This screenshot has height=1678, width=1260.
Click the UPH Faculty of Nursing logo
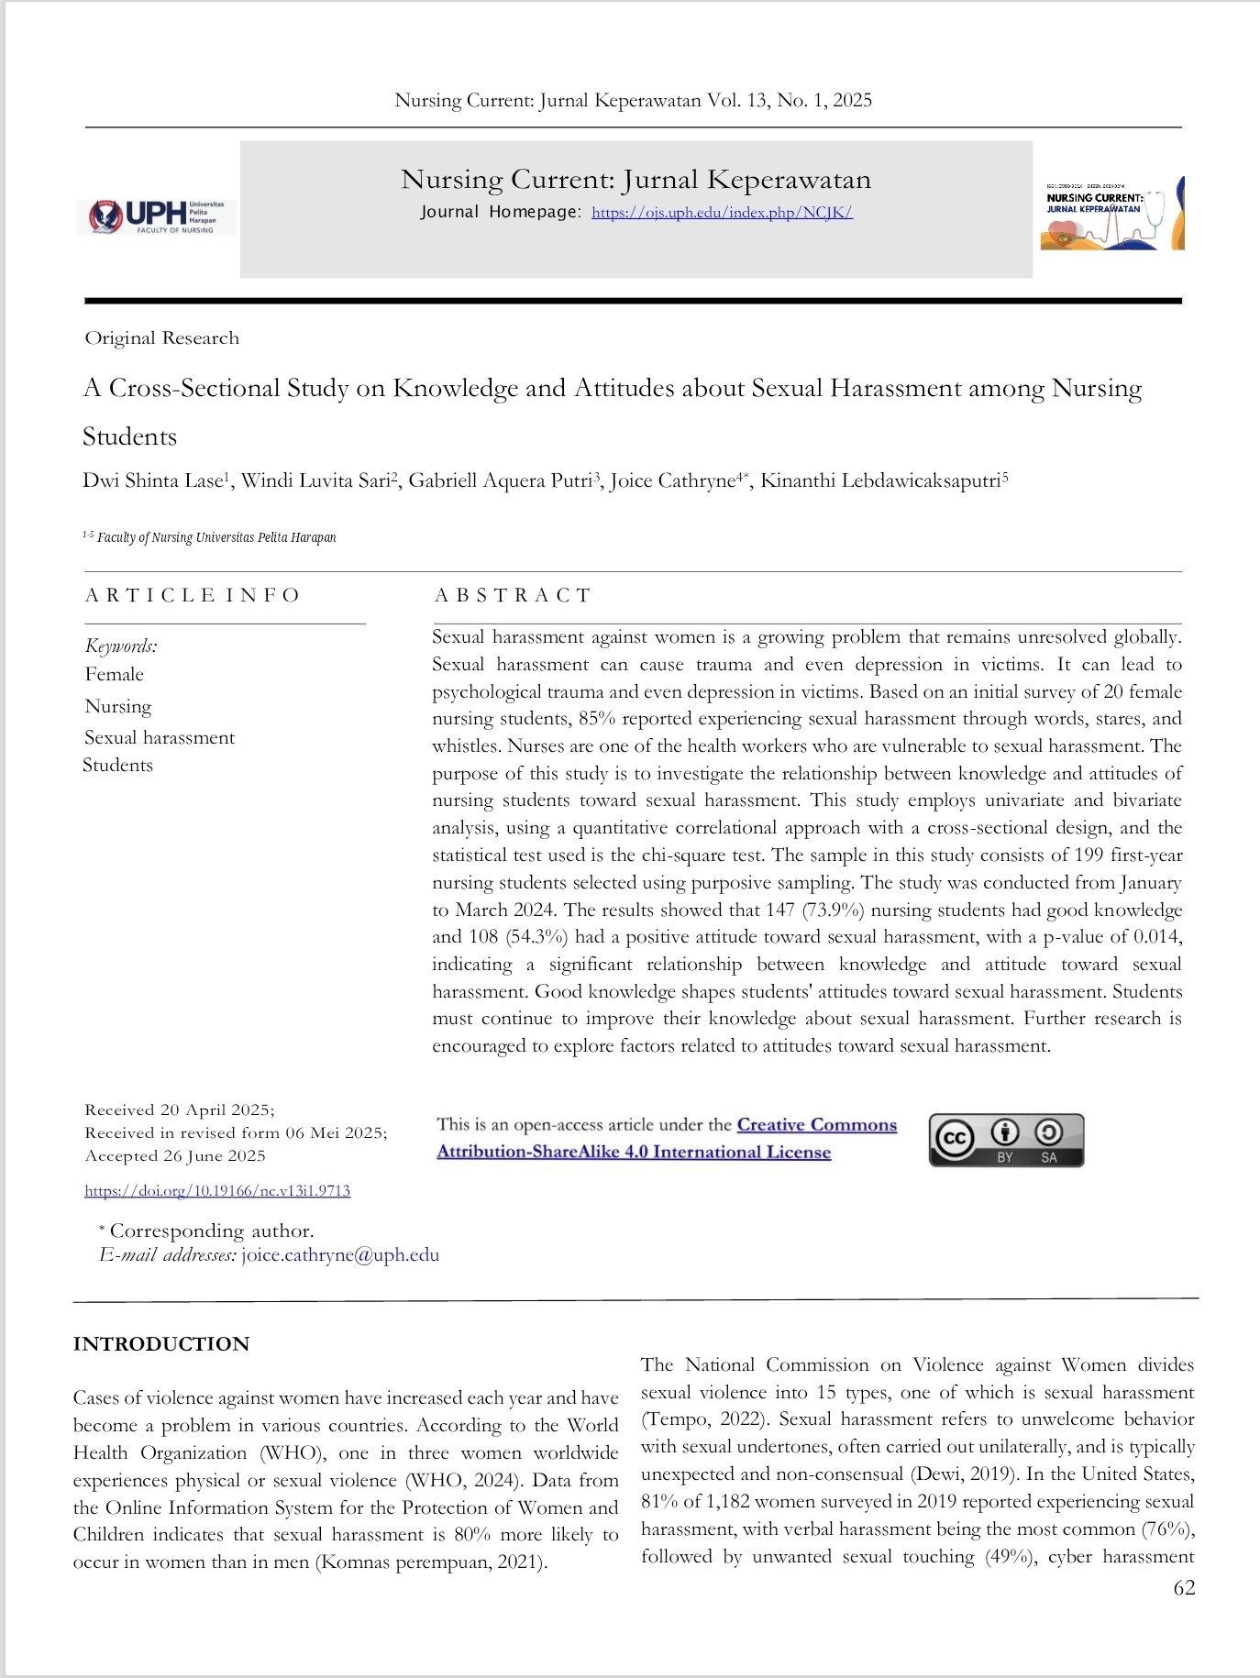point(157,217)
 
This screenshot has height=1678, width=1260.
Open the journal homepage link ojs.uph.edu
point(722,213)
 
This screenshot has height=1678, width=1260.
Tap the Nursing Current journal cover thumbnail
point(1111,214)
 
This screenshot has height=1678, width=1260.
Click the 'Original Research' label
point(162,338)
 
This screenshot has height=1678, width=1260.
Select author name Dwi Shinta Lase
point(153,480)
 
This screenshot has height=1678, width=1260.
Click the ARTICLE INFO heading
point(193,596)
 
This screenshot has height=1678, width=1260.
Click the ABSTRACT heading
point(513,596)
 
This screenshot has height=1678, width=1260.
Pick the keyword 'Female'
point(115,675)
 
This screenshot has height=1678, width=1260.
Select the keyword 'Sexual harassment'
point(160,738)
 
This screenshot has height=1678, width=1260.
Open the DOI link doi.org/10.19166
point(217,1191)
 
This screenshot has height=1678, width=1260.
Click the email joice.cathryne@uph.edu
point(340,1255)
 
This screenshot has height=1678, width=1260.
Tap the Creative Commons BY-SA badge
point(1006,1140)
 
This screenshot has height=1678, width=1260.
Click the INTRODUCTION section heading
point(161,1344)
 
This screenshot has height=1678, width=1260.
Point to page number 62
point(1184,1588)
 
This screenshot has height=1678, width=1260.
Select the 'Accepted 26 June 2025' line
point(175,1156)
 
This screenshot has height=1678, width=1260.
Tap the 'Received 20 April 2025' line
point(180,1109)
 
